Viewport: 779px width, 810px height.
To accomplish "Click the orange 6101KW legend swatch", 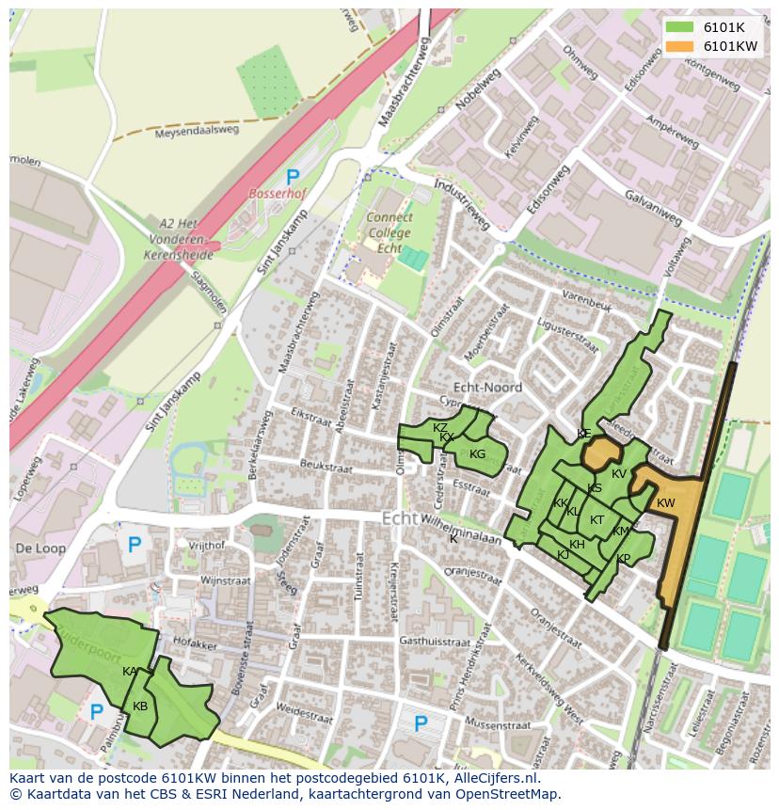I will point(679,46).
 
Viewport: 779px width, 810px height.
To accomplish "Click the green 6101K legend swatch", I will point(679,27).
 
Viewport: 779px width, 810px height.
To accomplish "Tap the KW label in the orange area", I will point(666,503).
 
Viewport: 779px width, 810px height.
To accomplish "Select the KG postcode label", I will point(477,454).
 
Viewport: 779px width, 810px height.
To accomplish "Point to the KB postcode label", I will point(140,707).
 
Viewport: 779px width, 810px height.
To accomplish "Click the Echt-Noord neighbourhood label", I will point(487,387).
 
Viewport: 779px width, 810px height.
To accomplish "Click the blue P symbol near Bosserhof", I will point(293,176).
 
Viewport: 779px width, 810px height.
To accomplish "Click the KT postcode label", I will point(596,520).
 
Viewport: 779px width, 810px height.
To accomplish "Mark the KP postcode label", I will point(623,559).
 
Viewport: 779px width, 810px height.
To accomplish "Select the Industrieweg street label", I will point(464,202).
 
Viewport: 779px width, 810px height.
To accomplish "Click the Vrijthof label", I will point(207,545).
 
